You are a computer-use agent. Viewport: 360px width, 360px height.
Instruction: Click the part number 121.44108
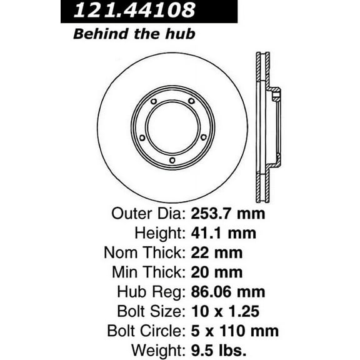[134, 10]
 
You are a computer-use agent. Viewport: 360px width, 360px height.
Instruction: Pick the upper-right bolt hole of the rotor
[191, 102]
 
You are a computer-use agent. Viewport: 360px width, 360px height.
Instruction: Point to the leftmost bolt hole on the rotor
[143, 137]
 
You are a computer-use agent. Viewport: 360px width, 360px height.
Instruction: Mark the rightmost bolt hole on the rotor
[203, 137]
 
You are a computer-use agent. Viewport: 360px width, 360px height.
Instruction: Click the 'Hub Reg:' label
[153, 292]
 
